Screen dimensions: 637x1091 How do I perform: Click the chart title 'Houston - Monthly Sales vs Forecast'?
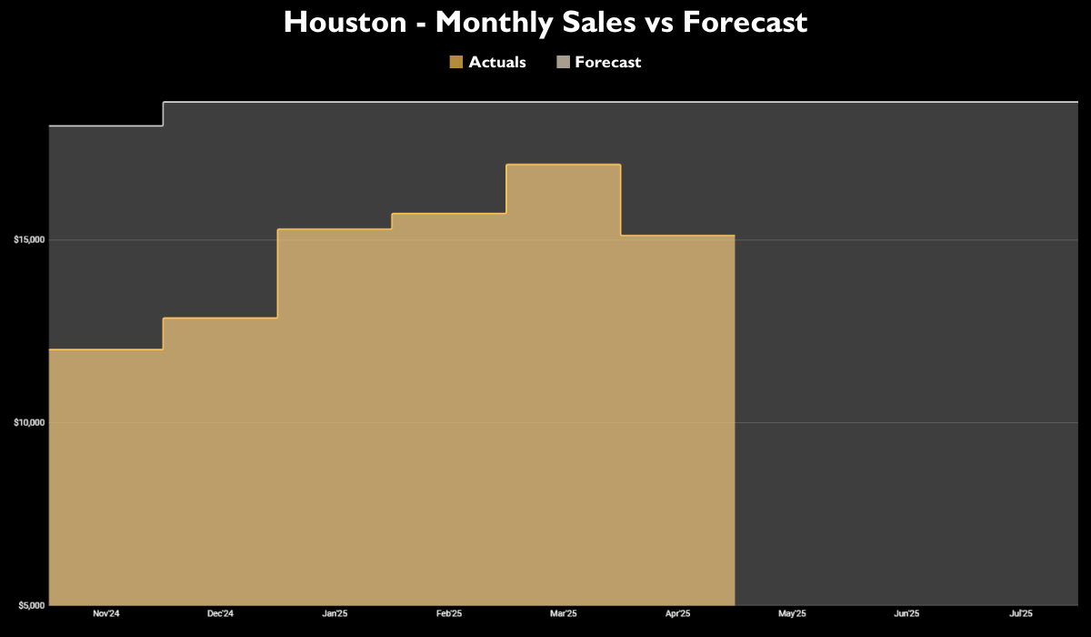click(x=545, y=22)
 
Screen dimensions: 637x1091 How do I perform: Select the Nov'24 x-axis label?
click(x=106, y=614)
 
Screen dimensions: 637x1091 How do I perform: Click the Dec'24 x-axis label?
click(x=220, y=614)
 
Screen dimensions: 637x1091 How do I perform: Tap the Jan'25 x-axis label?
click(x=335, y=614)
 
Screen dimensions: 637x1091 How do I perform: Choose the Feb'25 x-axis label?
click(x=449, y=614)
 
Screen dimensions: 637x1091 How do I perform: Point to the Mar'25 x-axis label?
click(x=563, y=614)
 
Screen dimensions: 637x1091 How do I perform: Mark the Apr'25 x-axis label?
click(x=677, y=614)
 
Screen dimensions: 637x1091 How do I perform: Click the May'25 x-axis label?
click(x=792, y=614)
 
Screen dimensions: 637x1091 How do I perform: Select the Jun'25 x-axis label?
click(x=906, y=614)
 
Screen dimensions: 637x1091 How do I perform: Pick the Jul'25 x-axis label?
click(x=1020, y=614)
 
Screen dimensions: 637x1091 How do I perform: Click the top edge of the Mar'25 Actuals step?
click(x=563, y=165)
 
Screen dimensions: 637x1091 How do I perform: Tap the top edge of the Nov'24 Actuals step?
click(x=106, y=349)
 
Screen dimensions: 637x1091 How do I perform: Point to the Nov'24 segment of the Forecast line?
click(x=106, y=126)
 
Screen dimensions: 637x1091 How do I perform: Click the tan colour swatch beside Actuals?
click(x=456, y=62)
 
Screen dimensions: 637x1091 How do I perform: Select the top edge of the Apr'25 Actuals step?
click(x=677, y=236)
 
